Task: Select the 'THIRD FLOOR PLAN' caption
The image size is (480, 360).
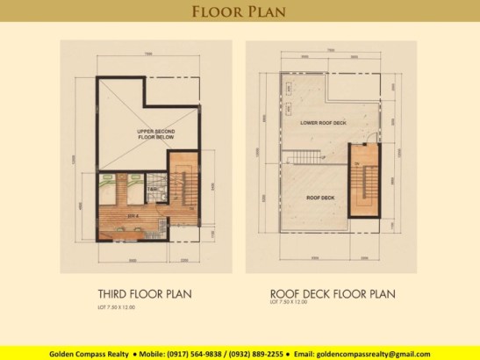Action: pos(146,293)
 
